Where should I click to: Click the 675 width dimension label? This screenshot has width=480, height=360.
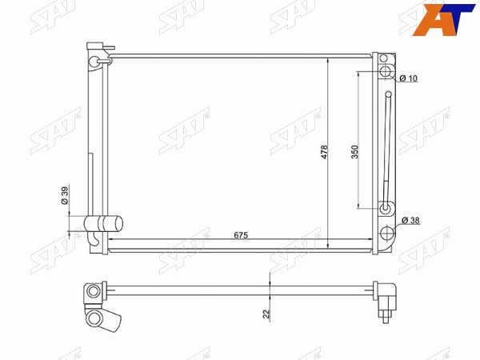(x=241, y=235)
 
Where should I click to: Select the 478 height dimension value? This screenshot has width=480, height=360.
(x=324, y=152)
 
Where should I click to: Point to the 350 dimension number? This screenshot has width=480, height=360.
(x=354, y=152)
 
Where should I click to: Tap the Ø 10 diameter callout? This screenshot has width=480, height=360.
(x=408, y=78)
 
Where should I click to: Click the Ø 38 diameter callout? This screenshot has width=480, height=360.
(x=410, y=220)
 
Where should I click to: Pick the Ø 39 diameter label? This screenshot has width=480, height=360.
(x=65, y=196)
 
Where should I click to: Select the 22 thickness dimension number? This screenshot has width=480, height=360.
(x=266, y=314)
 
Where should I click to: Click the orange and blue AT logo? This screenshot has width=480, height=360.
(x=443, y=19)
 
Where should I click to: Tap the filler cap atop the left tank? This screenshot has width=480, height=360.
(x=95, y=46)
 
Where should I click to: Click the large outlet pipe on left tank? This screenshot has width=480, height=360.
(x=103, y=224)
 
